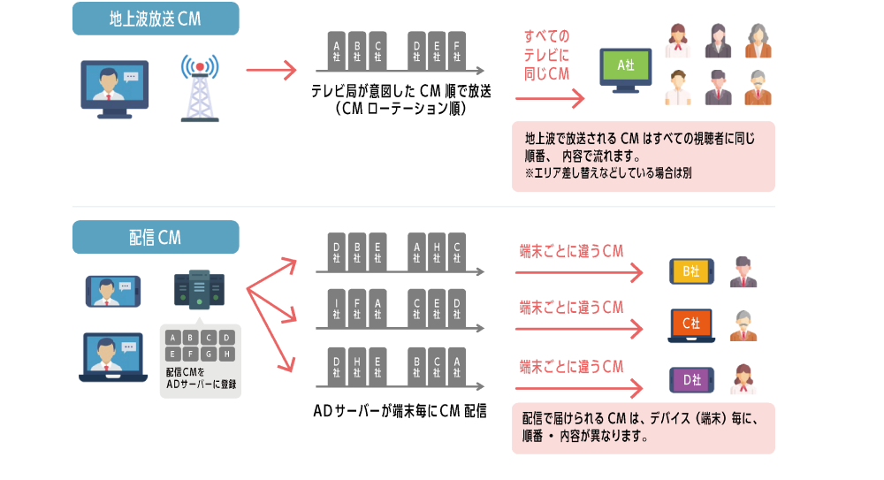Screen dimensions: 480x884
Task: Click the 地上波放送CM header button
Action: tap(155, 19)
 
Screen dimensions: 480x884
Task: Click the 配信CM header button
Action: tap(155, 237)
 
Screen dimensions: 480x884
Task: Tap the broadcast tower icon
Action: tap(199, 88)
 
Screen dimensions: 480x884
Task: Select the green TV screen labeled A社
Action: tap(625, 65)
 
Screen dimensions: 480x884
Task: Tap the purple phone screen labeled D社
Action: tap(690, 380)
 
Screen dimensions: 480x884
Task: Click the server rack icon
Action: tap(199, 290)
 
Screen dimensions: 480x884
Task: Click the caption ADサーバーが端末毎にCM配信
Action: tap(400, 411)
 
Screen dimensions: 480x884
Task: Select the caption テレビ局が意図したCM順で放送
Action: tap(400, 91)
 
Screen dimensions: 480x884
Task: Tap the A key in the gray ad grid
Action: tap(172, 338)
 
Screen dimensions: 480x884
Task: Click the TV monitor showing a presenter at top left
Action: tap(115, 86)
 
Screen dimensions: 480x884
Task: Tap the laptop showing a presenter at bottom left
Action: tap(112, 356)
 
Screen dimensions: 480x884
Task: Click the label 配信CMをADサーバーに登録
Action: tap(201, 379)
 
